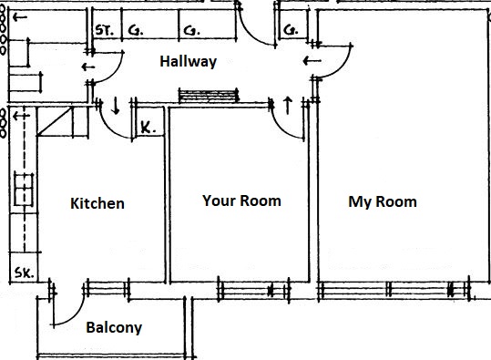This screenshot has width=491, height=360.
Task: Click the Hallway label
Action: pos(188,62)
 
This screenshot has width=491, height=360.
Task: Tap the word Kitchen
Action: pos(97,203)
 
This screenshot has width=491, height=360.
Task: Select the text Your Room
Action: pos(241,201)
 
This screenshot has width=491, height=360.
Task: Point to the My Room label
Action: pos(383,202)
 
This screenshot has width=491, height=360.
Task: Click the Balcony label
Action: pos(114,328)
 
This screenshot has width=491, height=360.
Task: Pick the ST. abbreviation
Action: pos(104,30)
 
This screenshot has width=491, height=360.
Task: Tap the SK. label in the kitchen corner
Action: pos(24,273)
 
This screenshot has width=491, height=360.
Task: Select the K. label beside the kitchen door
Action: pos(148,128)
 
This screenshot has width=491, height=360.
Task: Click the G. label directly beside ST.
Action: pos(136,30)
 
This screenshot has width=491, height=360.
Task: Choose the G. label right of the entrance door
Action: pos(290,30)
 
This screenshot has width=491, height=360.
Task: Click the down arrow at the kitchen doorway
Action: pos(116,106)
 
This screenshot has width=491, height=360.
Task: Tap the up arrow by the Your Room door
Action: pos(288,106)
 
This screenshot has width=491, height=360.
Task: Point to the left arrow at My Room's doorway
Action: pos(312,61)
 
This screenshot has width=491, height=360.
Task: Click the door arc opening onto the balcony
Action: pos(77,314)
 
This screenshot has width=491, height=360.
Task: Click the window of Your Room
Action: pos(253,290)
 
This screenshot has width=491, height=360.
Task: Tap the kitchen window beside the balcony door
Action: pos(107,289)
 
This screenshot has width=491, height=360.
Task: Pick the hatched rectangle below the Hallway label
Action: pos(208,96)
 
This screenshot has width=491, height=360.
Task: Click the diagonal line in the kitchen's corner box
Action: pos(55,121)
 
